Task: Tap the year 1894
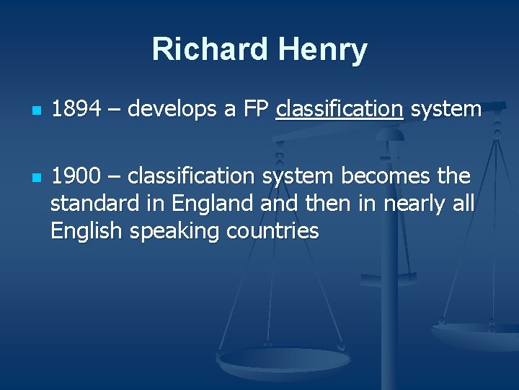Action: [x=76, y=109]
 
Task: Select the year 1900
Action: [x=76, y=176]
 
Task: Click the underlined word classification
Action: [x=339, y=109]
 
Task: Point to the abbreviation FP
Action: [x=256, y=109]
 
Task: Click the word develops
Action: [x=171, y=109]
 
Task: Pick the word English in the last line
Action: [x=79, y=231]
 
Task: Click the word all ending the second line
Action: [x=461, y=204]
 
